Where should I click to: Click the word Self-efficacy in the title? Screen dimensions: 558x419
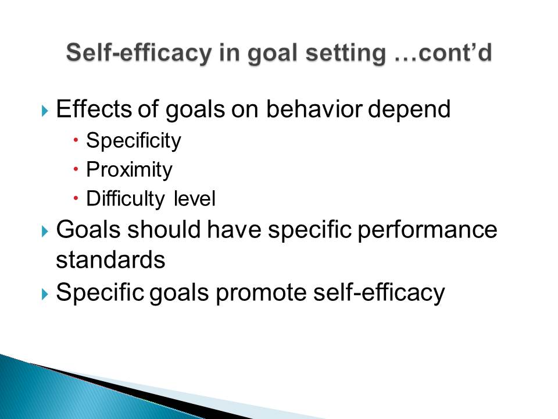pyautogui.click(x=139, y=54)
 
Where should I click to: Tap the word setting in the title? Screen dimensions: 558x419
pyautogui.click(x=346, y=54)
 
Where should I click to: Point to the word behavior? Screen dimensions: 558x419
pyautogui.click(x=314, y=109)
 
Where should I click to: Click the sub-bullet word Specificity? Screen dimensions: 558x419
pyautogui.click(x=134, y=141)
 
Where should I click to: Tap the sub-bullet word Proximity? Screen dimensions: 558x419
pyautogui.click(x=129, y=170)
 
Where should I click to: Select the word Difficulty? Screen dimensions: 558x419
pyautogui.click(x=126, y=199)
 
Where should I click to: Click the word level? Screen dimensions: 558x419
pyautogui.click(x=195, y=198)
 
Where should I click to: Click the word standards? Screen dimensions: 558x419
pyautogui.click(x=110, y=260)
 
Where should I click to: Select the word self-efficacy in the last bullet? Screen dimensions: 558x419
pyautogui.click(x=379, y=293)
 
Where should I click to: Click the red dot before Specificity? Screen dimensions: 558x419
pyautogui.click(x=76, y=140)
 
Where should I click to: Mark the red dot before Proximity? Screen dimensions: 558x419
pyautogui.click(x=76, y=169)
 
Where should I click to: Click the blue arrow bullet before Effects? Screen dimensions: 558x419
pyautogui.click(x=45, y=111)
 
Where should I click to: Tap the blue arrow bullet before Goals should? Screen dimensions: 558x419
pyautogui.click(x=45, y=232)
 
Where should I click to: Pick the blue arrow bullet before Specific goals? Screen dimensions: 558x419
pyautogui.click(x=45, y=294)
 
